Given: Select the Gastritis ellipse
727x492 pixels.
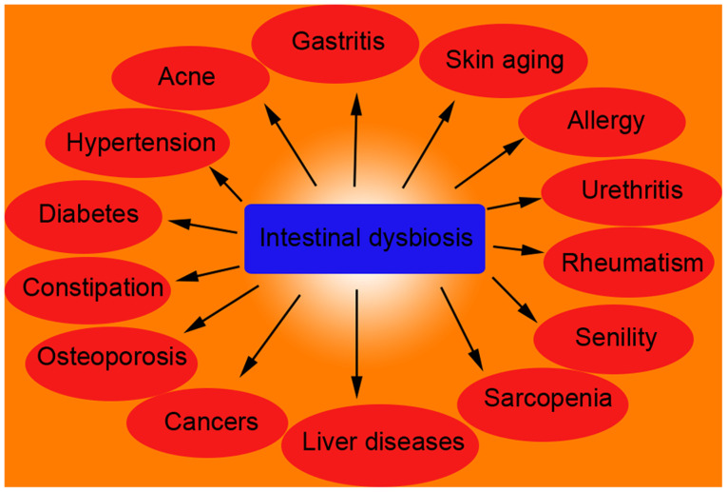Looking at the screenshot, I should pos(337,43).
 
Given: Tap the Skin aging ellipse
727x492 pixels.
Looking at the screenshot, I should pos(505,61).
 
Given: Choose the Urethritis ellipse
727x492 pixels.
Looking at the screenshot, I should pos(632,190).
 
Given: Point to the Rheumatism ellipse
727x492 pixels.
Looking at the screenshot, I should pos(632,263).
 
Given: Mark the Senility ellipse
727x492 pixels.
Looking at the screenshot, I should pos(615,338).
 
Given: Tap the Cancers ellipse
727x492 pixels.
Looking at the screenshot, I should pos(210,421).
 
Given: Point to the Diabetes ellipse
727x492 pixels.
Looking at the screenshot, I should pos(87,214).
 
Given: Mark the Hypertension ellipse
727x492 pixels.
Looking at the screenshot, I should pos(140,144).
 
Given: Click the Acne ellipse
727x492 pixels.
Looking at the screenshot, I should pos(186,76).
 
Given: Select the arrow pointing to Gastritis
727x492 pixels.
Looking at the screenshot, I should pos(355,138).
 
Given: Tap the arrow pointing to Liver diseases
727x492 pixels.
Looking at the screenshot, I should pos(357,343).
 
